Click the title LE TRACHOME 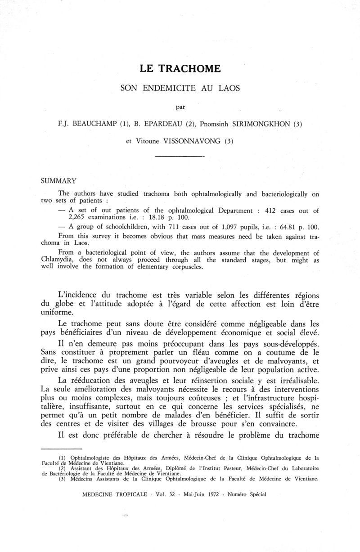pos(180,69)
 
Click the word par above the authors pos(180,107)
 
